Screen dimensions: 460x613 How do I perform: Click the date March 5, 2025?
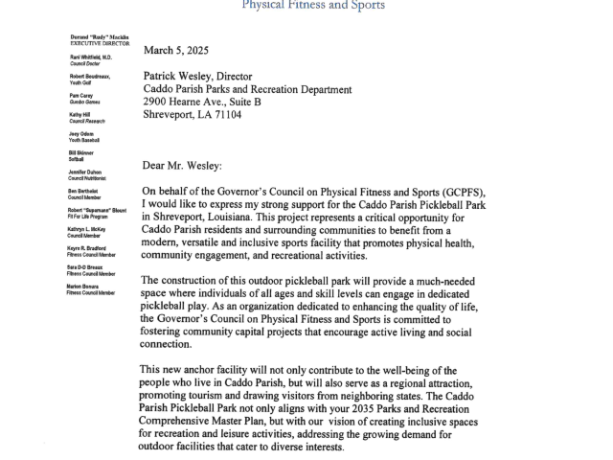click(x=176, y=50)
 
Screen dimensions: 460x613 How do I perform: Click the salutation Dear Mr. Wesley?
click(x=183, y=164)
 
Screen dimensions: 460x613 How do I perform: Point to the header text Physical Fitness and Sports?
click(x=314, y=5)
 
